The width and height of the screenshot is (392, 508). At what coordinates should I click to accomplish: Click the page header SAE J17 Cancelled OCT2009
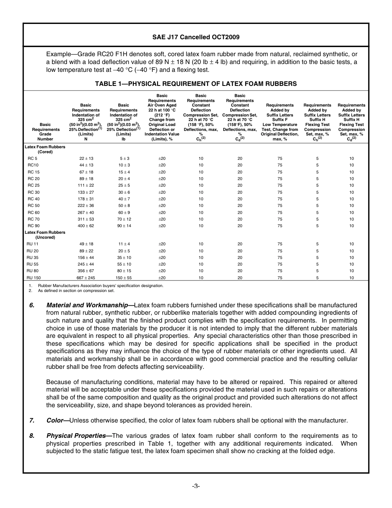click(x=196, y=37)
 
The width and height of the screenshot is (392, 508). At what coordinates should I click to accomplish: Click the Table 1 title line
click(x=196, y=83)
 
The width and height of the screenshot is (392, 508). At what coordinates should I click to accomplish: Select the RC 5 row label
click(x=32, y=158)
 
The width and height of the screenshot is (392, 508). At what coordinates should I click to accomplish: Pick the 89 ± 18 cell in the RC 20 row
click(x=86, y=178)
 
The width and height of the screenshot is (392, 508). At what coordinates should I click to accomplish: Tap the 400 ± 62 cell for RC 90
click(x=86, y=226)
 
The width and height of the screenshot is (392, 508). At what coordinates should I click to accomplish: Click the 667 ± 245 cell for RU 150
click(x=86, y=278)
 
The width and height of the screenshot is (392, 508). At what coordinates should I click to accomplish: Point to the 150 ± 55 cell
click(x=123, y=278)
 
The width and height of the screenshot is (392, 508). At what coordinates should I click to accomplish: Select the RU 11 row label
click(x=33, y=244)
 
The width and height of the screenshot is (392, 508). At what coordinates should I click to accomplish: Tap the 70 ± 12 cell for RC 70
click(x=123, y=219)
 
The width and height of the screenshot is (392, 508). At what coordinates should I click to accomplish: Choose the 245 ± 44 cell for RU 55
click(x=86, y=264)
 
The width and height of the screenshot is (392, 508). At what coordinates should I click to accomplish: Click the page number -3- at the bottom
click(x=196, y=486)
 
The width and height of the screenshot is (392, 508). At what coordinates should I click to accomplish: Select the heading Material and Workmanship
click(x=90, y=305)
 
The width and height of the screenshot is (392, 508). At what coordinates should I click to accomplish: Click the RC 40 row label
click(x=33, y=199)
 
